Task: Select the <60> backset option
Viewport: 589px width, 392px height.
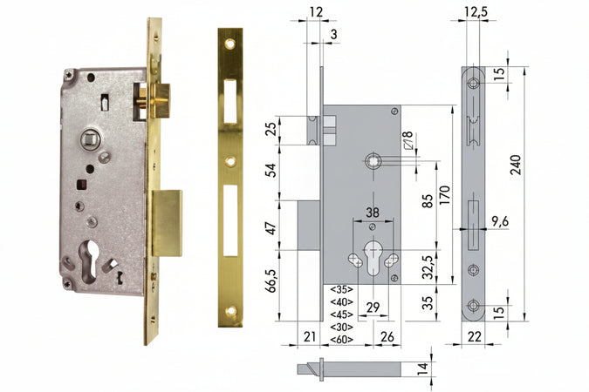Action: (342, 339)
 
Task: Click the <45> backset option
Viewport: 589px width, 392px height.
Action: (342, 314)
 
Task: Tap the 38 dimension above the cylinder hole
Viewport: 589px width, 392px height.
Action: (372, 211)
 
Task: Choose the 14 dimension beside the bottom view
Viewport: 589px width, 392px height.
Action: (423, 368)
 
